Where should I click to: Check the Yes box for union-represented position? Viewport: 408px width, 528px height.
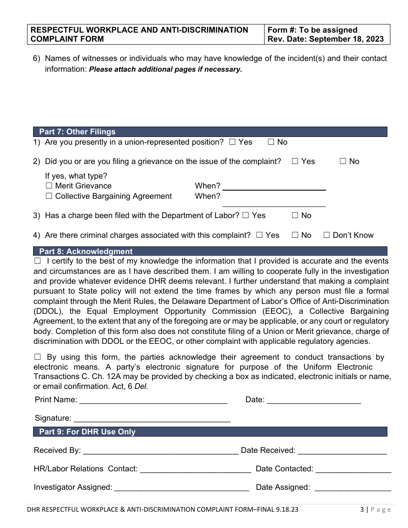coord(232,142)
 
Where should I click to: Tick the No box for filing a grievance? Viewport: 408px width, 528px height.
coord(343,161)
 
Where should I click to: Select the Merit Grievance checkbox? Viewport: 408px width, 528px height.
coord(49,186)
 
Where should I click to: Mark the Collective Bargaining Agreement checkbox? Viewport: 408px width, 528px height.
coord(49,196)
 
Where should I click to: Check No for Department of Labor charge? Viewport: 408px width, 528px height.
coord(295,215)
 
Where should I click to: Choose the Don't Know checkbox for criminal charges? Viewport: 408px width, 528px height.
coord(326,235)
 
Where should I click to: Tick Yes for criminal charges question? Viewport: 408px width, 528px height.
coord(259,235)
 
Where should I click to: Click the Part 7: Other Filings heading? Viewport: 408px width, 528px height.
coord(77,132)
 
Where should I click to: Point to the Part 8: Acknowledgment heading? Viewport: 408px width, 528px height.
coord(86,252)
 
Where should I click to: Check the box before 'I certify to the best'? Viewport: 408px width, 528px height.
coord(37,261)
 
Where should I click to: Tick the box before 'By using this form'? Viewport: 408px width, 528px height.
coord(37,357)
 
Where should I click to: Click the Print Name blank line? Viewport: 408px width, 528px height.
coord(153,401)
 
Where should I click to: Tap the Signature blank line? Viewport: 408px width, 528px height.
coord(152,419)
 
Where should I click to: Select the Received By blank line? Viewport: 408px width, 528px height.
coord(160,451)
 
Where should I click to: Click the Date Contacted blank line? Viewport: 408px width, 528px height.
coord(353,470)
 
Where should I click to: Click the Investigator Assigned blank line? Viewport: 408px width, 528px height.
coord(182,488)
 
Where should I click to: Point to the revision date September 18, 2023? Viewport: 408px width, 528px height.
coord(325,39)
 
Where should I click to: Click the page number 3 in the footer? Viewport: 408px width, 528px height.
coord(362,510)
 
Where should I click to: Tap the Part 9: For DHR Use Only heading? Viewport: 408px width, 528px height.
coord(87,432)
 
